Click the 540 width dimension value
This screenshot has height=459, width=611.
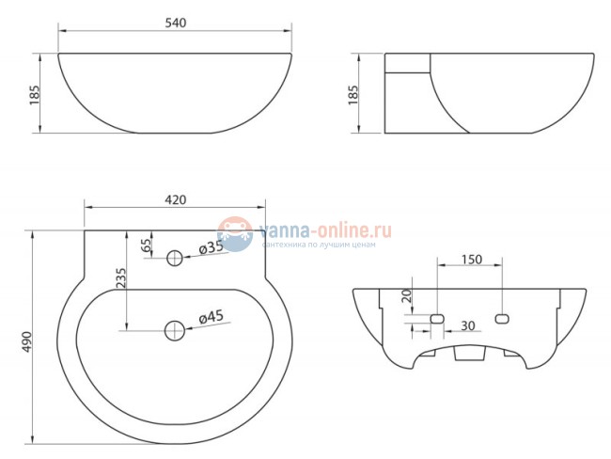coord(175,22)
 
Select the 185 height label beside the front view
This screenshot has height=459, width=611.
coord(33,93)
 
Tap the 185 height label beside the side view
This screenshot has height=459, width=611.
coord(354,94)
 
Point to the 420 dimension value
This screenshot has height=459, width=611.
coord(175,199)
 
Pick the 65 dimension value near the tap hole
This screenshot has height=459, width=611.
coord(145,246)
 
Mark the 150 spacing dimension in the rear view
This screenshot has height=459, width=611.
coord(471,260)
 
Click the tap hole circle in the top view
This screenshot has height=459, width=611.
coord(175,258)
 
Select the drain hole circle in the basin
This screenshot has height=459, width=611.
coord(175,329)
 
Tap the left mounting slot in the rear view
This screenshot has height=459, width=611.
coord(437,318)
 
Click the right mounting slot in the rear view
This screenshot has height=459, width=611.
coord(502,318)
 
